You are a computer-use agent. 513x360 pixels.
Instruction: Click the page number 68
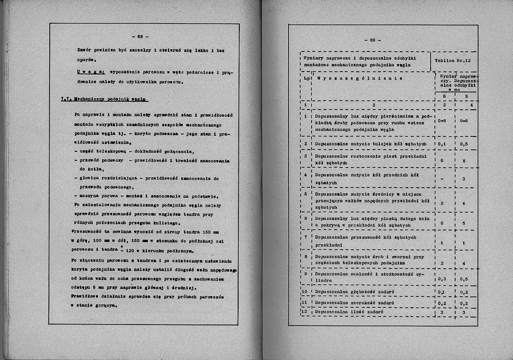pyautogui.click(x=140, y=36)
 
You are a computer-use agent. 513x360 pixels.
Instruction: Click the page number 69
pyautogui.click(x=372, y=40)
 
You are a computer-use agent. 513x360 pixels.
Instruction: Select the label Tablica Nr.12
pyautogui.click(x=452, y=61)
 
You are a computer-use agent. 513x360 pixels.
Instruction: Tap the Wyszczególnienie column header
pyautogui.click(x=360, y=78)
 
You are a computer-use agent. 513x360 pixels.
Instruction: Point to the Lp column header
pyautogui.click(x=306, y=78)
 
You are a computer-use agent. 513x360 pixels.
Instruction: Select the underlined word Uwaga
pyautogui.click(x=92, y=72)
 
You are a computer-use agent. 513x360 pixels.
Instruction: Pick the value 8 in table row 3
pyautogui.click(x=464, y=161)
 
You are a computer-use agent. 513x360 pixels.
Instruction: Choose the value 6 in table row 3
pyautogui.click(x=442, y=160)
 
